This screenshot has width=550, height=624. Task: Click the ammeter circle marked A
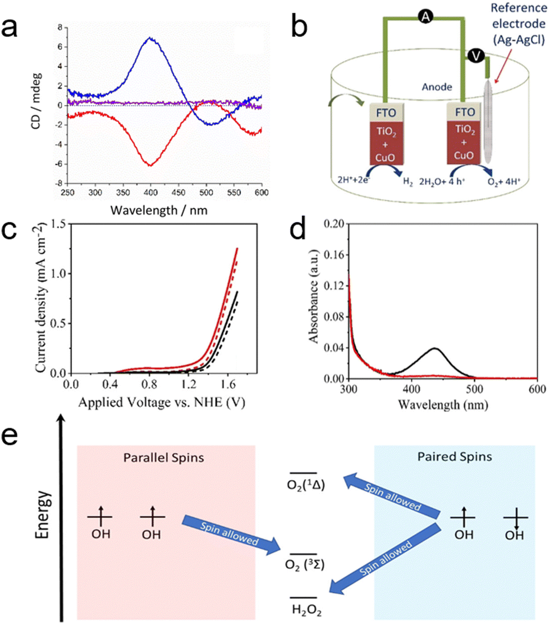[425, 16]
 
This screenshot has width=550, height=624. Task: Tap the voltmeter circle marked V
[476, 56]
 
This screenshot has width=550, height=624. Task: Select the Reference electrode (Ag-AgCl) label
[518, 24]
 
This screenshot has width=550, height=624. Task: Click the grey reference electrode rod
[488, 121]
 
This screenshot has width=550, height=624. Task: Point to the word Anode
[437, 86]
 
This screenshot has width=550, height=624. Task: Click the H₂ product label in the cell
[407, 182]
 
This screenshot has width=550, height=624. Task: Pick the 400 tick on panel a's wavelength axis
[151, 193]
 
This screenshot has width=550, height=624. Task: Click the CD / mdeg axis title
[36, 101]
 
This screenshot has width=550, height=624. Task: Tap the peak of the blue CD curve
[150, 38]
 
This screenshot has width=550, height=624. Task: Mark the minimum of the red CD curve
[150, 165]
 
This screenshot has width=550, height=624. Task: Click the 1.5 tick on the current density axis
[58, 224]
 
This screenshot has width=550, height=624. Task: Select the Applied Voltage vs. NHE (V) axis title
[162, 402]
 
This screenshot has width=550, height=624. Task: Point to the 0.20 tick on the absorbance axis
[334, 224]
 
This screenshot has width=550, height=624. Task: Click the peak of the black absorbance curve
[435, 349]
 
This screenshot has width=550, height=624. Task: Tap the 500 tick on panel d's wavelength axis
[474, 389]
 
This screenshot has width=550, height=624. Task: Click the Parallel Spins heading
[163, 458]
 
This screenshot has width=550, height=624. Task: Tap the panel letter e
[10, 436]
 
